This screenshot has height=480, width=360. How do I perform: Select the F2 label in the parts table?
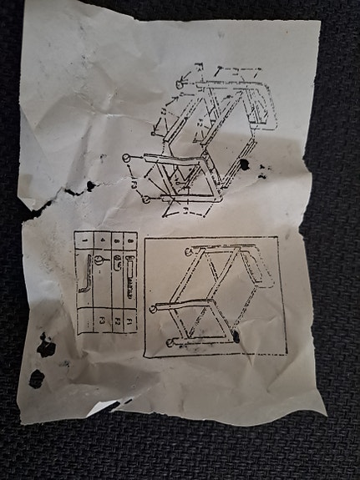(x=117, y=320)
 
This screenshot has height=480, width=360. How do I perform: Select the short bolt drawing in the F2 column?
(x=117, y=265)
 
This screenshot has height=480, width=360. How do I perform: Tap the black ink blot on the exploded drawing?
(x=243, y=164)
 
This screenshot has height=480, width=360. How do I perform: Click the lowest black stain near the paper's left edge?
(x=37, y=378)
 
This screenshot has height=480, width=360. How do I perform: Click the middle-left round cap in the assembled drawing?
(x=153, y=309)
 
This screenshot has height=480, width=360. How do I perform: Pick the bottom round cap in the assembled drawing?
(x=171, y=343)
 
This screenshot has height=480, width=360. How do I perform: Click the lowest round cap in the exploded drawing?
(x=146, y=200)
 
